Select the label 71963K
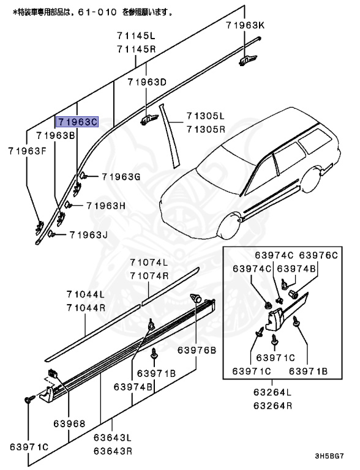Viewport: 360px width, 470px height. point(245,25)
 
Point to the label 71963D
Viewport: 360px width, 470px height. point(148,82)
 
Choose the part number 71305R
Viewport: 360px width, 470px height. point(206,129)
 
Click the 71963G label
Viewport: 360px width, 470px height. point(121,177)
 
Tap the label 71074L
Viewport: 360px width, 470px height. point(149,263)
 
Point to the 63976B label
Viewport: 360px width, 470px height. point(197,351)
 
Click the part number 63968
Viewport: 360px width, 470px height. point(68,423)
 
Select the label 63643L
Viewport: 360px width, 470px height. point(113,438)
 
